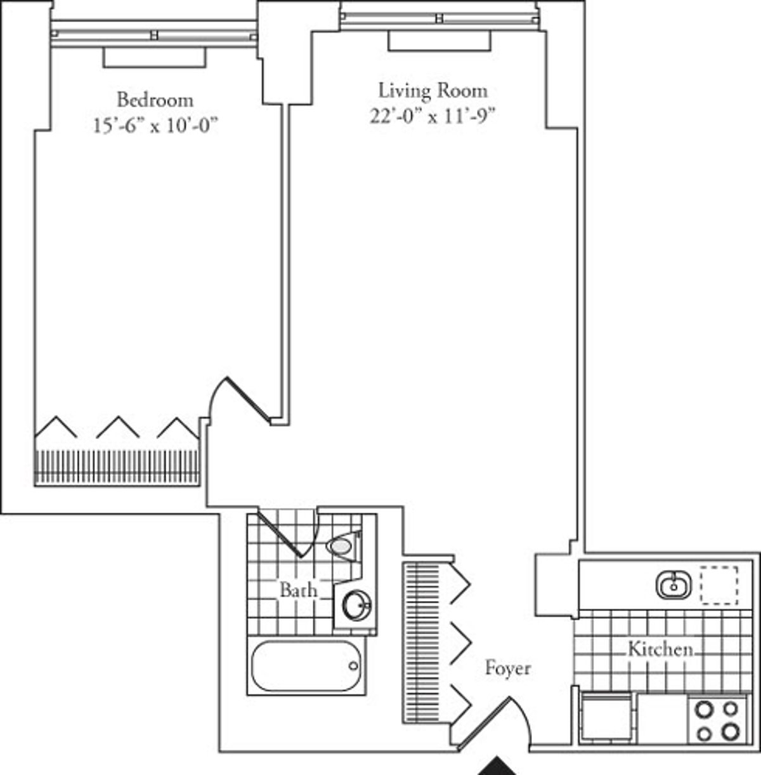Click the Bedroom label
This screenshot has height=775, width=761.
point(155,100)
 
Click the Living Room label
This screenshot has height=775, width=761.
point(433,91)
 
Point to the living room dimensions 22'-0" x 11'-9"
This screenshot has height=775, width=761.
point(433,117)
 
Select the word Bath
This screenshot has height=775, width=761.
point(298,590)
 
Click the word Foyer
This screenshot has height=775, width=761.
point(507,668)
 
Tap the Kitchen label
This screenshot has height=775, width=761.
point(660,649)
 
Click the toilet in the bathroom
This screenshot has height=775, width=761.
point(343,545)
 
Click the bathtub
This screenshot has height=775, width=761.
point(306,666)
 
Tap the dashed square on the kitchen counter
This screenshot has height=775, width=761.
point(719,585)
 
